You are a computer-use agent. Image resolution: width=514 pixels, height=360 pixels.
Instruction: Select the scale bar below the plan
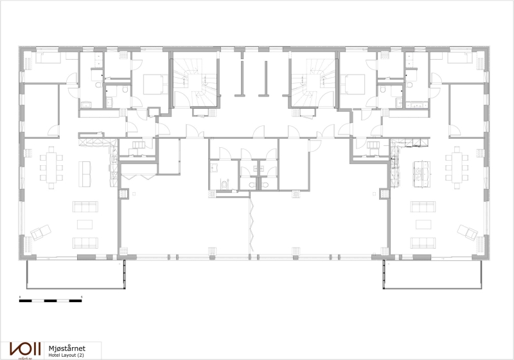click(x=51, y=300)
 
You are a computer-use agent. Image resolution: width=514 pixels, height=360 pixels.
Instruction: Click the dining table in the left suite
click(x=53, y=165)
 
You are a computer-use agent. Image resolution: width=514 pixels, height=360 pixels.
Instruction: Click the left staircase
click(x=193, y=83)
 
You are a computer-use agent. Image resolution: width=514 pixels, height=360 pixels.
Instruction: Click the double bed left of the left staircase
click(x=153, y=84)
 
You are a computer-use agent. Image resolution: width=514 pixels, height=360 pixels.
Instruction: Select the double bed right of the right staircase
click(x=354, y=84)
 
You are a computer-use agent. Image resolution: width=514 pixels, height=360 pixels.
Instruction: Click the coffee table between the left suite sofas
click(x=85, y=224)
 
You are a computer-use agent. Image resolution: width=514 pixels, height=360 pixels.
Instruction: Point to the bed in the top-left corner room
click(x=48, y=60)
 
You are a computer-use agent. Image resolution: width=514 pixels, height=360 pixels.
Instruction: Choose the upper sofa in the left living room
click(x=85, y=206)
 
